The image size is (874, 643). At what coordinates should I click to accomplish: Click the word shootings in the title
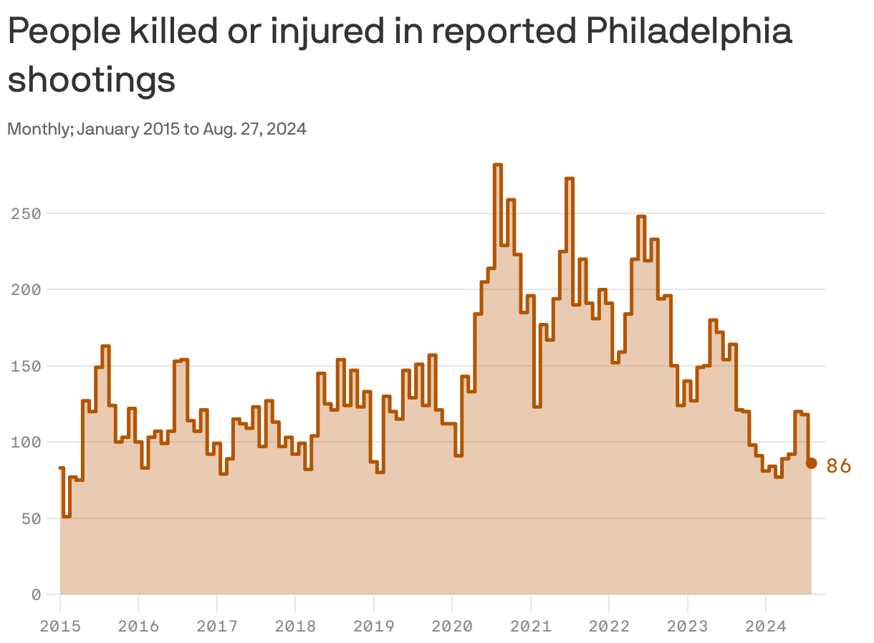92,79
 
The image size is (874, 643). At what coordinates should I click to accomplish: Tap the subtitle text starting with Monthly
157,130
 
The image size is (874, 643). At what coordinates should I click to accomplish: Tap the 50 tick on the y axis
31,518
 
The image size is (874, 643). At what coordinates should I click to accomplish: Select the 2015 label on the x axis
60,627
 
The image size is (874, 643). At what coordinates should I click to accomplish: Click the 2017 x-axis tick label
217,627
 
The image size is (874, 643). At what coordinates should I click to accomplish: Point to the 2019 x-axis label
373,627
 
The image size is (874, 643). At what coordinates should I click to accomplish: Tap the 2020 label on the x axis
452,627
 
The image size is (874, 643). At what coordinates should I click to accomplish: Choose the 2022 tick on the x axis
609,627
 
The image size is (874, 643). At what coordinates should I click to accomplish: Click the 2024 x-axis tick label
765,627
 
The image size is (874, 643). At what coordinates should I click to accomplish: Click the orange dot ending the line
811,463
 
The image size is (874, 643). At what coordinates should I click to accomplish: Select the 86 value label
838,466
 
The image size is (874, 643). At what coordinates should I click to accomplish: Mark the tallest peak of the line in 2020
498,165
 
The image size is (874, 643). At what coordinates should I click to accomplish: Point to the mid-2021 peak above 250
569,179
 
